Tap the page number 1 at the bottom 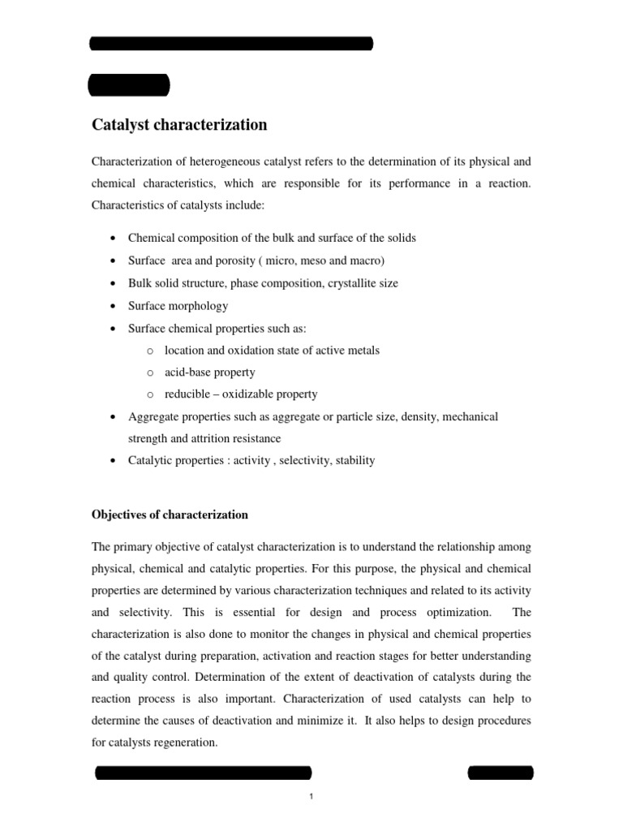point(311,797)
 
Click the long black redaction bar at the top point(231,44)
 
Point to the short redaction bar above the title point(128,84)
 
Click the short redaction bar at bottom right point(501,772)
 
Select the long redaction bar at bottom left point(204,773)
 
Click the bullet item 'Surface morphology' point(178,305)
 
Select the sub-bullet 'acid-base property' point(209,372)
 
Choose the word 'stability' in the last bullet point(353,460)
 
